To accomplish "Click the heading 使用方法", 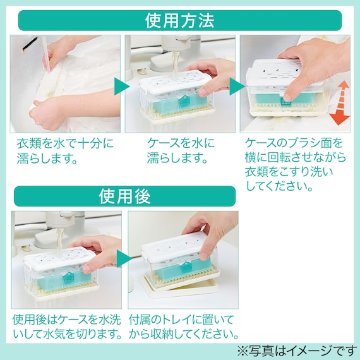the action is pos(180,20).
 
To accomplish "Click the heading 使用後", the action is pos(124,196).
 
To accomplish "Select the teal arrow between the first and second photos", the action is pos(122,87).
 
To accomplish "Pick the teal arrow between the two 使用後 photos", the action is pos(124,258).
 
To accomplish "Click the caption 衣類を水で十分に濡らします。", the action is pos(65,151).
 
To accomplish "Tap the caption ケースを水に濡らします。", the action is pos(181,151).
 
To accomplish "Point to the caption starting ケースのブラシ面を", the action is pos(296,164).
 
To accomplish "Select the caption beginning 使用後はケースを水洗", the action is pos(67,327).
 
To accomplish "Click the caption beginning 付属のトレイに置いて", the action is pos(184,327).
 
